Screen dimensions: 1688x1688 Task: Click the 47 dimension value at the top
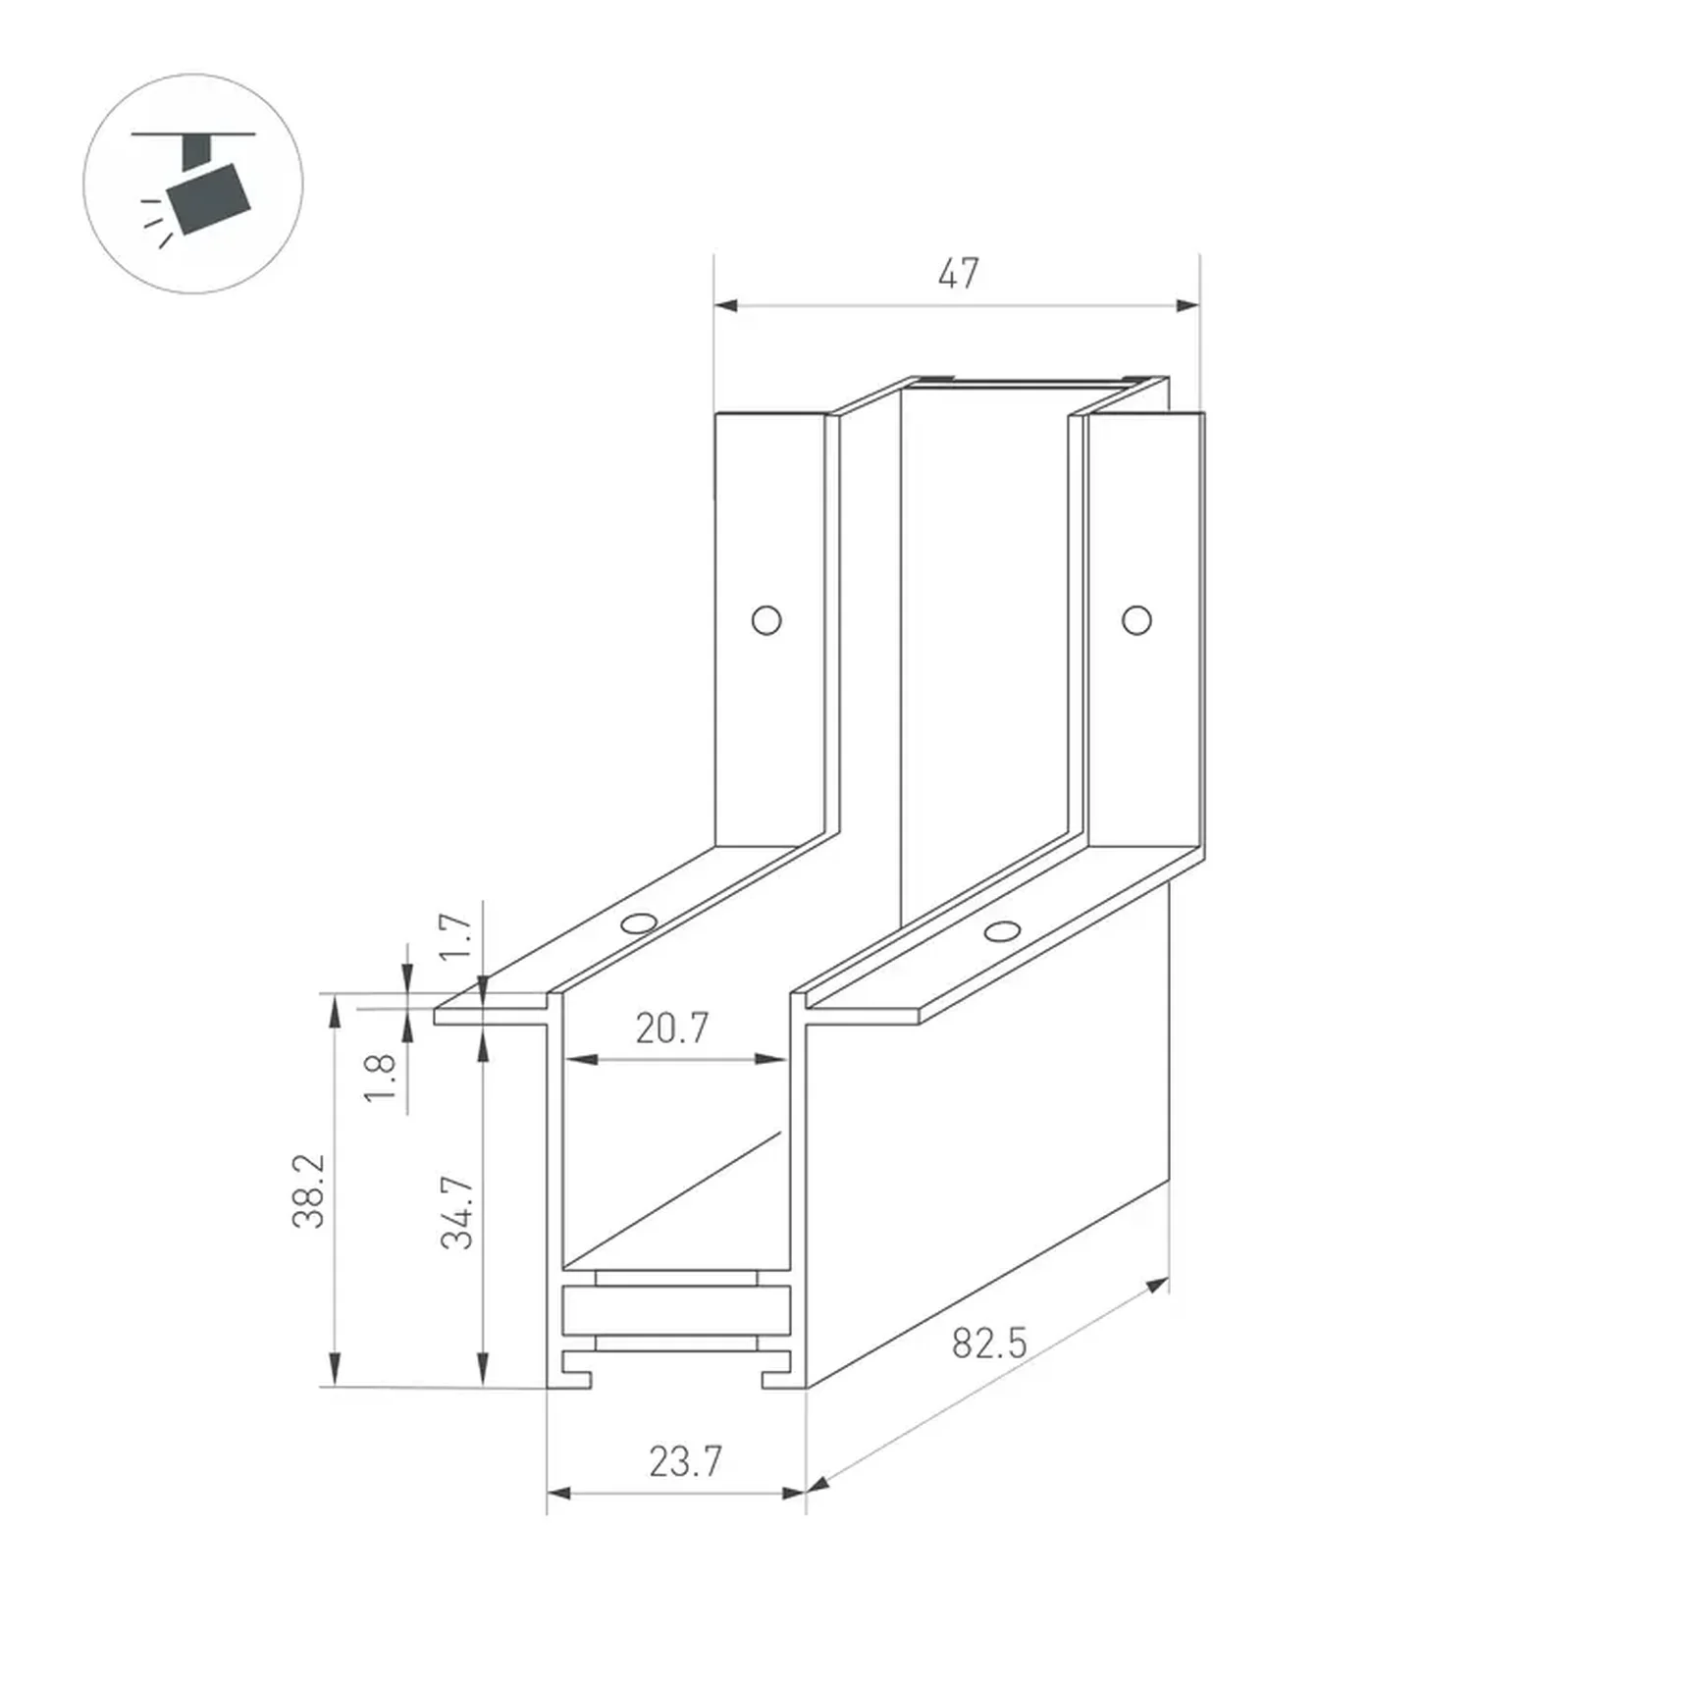958,274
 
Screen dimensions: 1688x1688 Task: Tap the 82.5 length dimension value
989,1343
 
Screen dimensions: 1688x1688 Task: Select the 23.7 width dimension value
685,1461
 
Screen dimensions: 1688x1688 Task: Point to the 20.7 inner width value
671,1028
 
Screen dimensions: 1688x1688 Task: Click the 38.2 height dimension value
308,1190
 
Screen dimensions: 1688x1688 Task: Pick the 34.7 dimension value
457,1212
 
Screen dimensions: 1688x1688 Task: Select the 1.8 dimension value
380,1078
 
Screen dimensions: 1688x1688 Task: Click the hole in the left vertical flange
766,620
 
